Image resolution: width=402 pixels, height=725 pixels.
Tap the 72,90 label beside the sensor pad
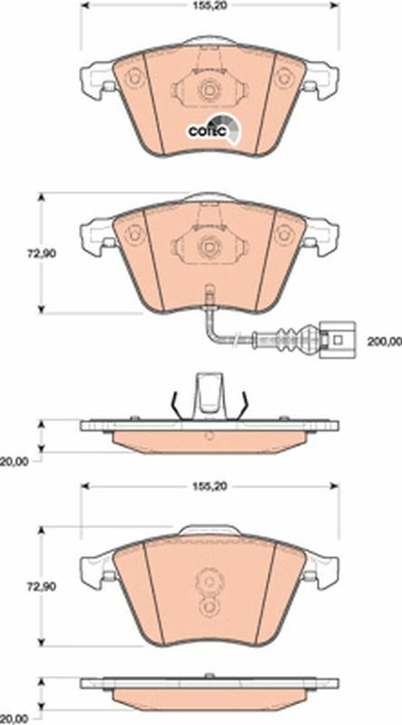tap(41, 254)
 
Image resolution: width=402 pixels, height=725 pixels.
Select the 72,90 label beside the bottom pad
tap(41, 586)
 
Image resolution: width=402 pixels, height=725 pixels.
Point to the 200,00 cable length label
tap(385, 342)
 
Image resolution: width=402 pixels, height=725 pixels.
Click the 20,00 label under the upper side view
tap(14, 461)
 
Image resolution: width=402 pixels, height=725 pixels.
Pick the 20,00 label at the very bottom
tap(14, 719)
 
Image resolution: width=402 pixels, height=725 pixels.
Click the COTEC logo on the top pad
tap(214, 129)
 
